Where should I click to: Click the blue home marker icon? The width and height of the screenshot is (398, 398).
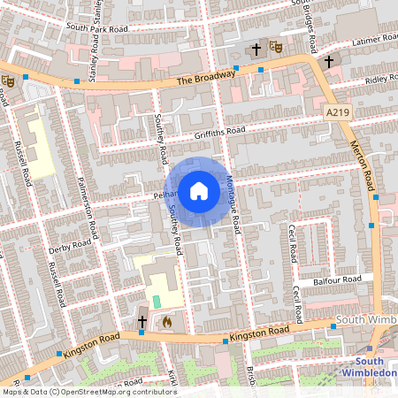pyautogui.click(x=199, y=190)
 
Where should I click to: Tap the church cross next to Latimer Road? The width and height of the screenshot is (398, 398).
pyautogui.click(x=328, y=61)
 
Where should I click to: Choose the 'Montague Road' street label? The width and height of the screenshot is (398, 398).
pyautogui.click(x=233, y=201)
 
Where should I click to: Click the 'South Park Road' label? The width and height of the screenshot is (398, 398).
pyautogui.click(x=96, y=28)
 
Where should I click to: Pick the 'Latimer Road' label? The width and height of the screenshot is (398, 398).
pyautogui.click(x=375, y=42)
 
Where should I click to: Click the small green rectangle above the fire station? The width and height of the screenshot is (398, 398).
pyautogui.click(x=157, y=302)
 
